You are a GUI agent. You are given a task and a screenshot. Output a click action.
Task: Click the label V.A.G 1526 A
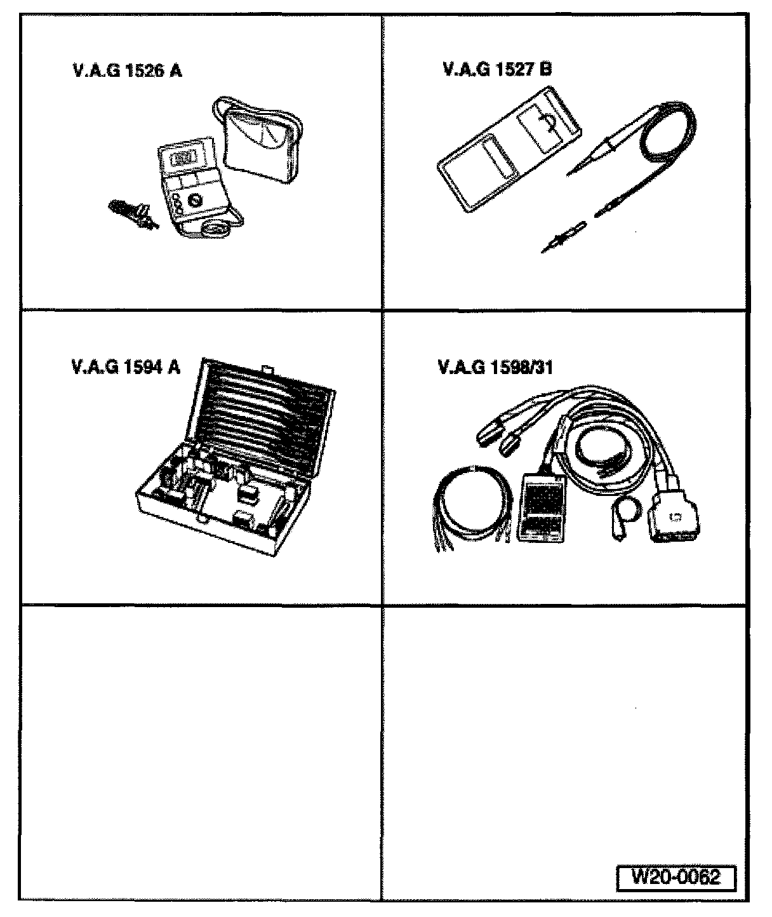click(128, 70)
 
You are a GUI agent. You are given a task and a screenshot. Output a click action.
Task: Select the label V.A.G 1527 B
click(497, 69)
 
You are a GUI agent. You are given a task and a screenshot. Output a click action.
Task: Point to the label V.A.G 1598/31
click(495, 368)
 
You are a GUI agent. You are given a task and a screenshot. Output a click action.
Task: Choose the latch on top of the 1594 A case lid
click(268, 367)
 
